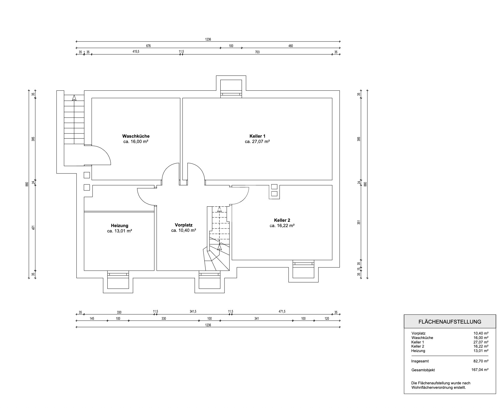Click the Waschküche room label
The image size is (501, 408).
click(136, 136)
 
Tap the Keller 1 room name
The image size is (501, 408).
click(257, 136)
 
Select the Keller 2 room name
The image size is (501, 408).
click(282, 220)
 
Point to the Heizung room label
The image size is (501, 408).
click(119, 226)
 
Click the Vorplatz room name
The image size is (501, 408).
click(183, 225)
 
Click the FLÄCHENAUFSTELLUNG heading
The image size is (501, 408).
click(450, 322)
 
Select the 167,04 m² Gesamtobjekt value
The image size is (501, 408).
click(480, 370)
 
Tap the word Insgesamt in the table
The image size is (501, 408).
click(420, 361)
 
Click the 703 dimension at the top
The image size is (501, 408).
click(257, 52)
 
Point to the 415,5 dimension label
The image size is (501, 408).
click(136, 52)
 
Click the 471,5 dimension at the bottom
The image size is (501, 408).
click(282, 311)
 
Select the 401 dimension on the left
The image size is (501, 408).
click(33, 228)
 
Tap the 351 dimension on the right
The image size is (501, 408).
click(358, 222)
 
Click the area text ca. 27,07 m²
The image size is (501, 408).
click(257, 142)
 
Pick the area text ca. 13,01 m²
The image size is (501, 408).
click(119, 231)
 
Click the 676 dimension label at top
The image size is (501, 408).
click(148, 46)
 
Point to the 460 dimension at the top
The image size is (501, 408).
click(291, 46)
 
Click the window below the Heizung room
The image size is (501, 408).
click(118, 274)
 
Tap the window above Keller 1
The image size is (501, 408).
click(231, 94)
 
